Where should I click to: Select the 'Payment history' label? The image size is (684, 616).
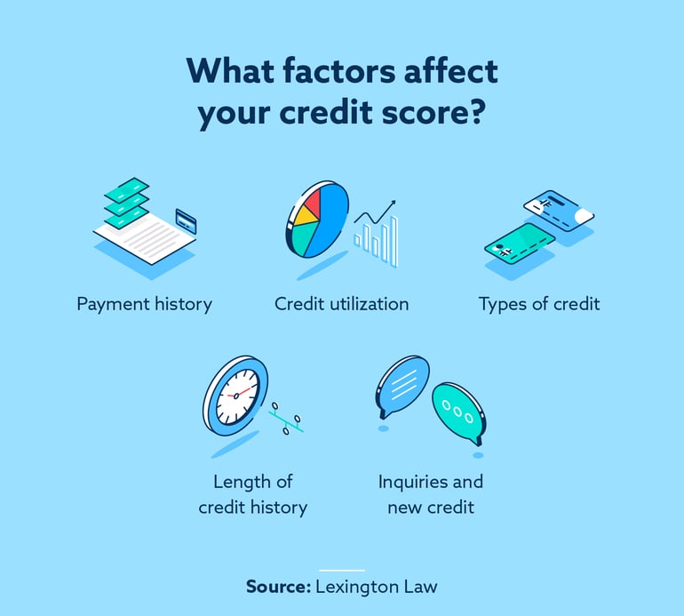pos(144,304)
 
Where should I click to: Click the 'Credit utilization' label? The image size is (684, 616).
pos(342,304)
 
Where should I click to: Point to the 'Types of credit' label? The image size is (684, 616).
pos(539,304)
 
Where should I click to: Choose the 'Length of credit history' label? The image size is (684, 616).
pos(253,494)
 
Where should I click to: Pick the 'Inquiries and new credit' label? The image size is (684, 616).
pos(431,494)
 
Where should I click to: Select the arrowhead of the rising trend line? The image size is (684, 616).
pos(391,204)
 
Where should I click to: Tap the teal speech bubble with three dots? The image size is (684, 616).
pos(457,411)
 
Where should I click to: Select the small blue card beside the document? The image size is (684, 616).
pos(187,219)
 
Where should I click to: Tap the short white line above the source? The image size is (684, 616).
pos(341,570)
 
